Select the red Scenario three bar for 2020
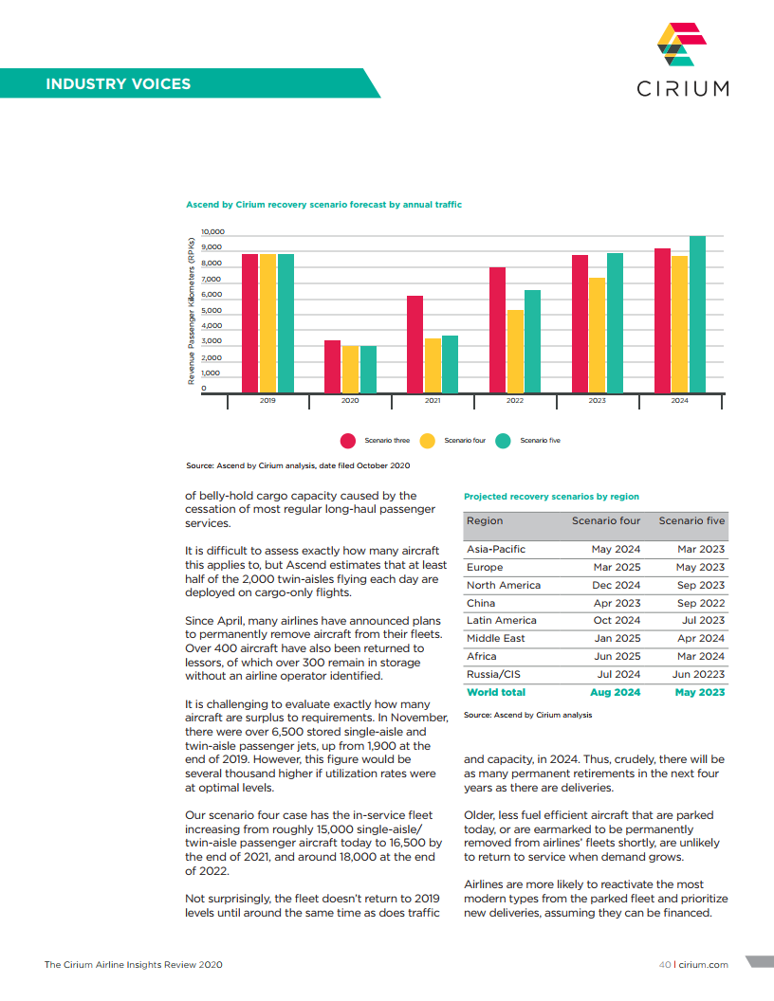pos(332,367)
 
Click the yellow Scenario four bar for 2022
pos(515,352)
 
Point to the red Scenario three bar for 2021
pos(415,345)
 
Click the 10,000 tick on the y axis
pos(212,232)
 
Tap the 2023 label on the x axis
pos(597,401)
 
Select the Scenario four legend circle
pos(428,440)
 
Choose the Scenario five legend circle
pos(504,440)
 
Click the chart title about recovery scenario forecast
pos(324,204)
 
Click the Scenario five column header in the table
pos(691,520)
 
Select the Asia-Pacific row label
pos(496,549)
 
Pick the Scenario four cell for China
pos(617,603)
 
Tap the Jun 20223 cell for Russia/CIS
pos(698,675)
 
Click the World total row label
pos(496,692)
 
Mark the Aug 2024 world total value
pos(615,692)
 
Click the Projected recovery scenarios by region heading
pos(551,496)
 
